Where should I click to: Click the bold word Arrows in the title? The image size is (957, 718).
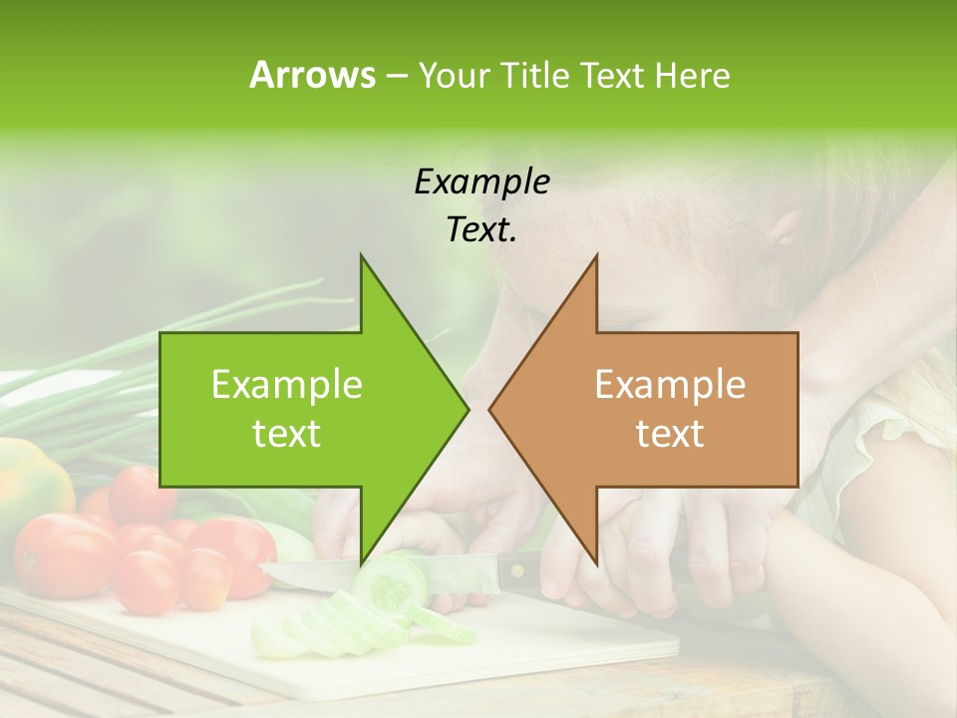(x=311, y=75)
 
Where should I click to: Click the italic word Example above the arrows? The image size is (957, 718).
(x=481, y=181)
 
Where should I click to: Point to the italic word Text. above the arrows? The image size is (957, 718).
(x=481, y=230)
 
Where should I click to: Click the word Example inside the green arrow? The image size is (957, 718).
(x=286, y=384)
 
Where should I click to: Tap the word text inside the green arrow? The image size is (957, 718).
(x=286, y=433)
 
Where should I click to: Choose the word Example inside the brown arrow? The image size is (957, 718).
(x=670, y=384)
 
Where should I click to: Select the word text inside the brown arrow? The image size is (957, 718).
(x=670, y=433)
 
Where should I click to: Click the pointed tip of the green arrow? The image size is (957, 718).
(x=468, y=410)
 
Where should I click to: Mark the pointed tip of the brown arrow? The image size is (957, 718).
(x=489, y=410)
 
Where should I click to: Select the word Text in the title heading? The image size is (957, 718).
(x=614, y=75)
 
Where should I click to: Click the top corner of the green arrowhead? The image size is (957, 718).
(x=361, y=255)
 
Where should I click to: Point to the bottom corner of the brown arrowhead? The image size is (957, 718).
(x=596, y=564)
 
